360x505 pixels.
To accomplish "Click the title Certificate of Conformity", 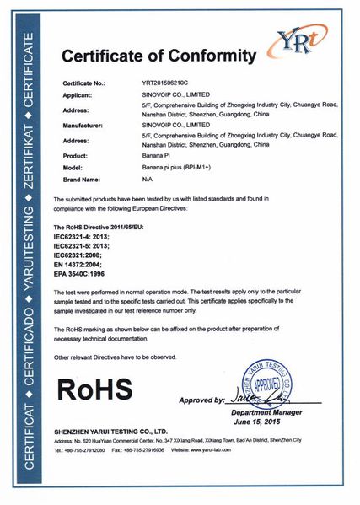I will click(159, 57).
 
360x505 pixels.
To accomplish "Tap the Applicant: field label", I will click(81, 99).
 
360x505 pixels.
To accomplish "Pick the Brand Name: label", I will click(83, 180).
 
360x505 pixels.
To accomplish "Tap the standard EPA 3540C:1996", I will click(87, 275).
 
